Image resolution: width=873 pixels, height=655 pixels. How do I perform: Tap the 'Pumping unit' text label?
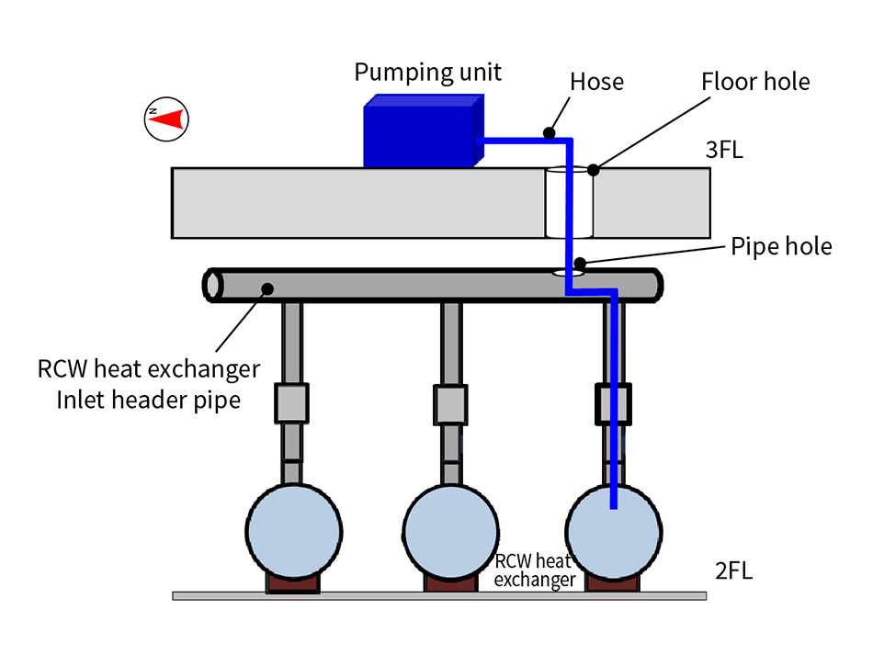[428, 72]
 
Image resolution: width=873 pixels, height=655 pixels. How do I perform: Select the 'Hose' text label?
[596, 82]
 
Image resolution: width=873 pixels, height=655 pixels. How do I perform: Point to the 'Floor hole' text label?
[755, 82]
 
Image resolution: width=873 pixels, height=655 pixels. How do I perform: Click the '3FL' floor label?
[724, 150]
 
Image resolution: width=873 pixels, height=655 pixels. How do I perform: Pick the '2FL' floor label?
[733, 570]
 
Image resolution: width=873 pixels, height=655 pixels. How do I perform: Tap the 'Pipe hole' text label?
[781, 247]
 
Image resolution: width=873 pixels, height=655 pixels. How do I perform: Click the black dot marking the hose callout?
[549, 132]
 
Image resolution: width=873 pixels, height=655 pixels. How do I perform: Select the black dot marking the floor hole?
[594, 169]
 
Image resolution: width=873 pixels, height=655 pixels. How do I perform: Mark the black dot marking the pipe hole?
[580, 264]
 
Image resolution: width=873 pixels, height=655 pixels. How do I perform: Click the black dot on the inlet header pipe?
[267, 288]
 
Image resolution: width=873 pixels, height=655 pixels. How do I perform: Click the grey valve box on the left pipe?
[291, 401]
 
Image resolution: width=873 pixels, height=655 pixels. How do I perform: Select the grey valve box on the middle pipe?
[450, 401]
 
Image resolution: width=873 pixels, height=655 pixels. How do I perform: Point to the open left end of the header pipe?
[213, 285]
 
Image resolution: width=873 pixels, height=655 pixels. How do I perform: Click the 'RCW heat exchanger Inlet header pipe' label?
[149, 385]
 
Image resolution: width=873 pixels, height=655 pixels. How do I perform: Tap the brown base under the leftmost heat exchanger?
[291, 582]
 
